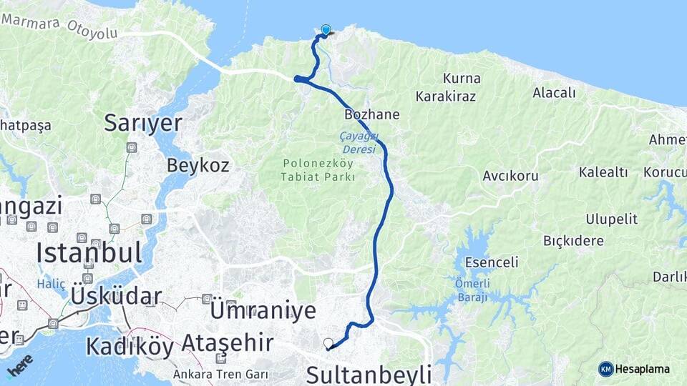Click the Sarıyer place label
(x=143, y=122)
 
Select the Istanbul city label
(x=89, y=252)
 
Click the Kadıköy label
(x=130, y=346)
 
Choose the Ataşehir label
(x=227, y=342)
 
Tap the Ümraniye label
(x=263, y=310)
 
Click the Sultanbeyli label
(x=369, y=373)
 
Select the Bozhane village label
(x=372, y=114)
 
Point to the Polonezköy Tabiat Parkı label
(x=318, y=170)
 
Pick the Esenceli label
(x=492, y=262)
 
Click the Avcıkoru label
(x=510, y=175)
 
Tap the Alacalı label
(x=554, y=92)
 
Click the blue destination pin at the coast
(x=326, y=30)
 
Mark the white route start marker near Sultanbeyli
(x=328, y=343)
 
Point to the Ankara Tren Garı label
(x=220, y=373)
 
